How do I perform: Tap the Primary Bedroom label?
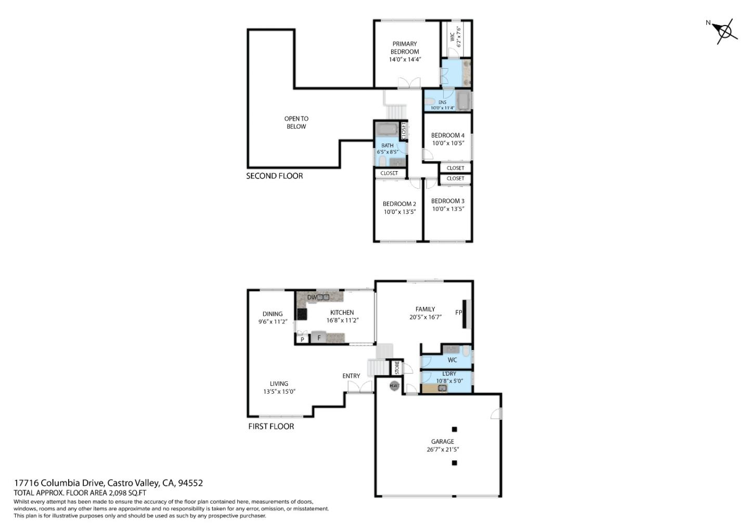[x=405, y=48]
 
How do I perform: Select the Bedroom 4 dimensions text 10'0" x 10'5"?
[x=448, y=143]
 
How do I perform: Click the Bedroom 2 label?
[x=399, y=204]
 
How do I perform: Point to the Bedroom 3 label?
[x=448, y=201]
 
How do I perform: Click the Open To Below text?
[x=296, y=123]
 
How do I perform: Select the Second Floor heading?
[x=274, y=176]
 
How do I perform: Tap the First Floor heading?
[x=271, y=426]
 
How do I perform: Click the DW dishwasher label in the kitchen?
[x=312, y=298]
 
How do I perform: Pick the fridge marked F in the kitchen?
[x=319, y=338]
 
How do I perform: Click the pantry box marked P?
[x=302, y=339]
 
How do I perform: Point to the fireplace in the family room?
[x=466, y=313]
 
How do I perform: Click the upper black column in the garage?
[x=454, y=429]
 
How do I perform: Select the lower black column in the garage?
[x=454, y=463]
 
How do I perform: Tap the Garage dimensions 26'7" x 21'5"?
[x=443, y=449]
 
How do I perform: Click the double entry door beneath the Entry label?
[x=360, y=387]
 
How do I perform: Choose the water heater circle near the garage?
[x=395, y=385]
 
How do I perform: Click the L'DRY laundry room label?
[x=449, y=373]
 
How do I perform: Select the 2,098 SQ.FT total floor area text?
[x=127, y=493]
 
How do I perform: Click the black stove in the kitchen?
[x=302, y=314]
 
